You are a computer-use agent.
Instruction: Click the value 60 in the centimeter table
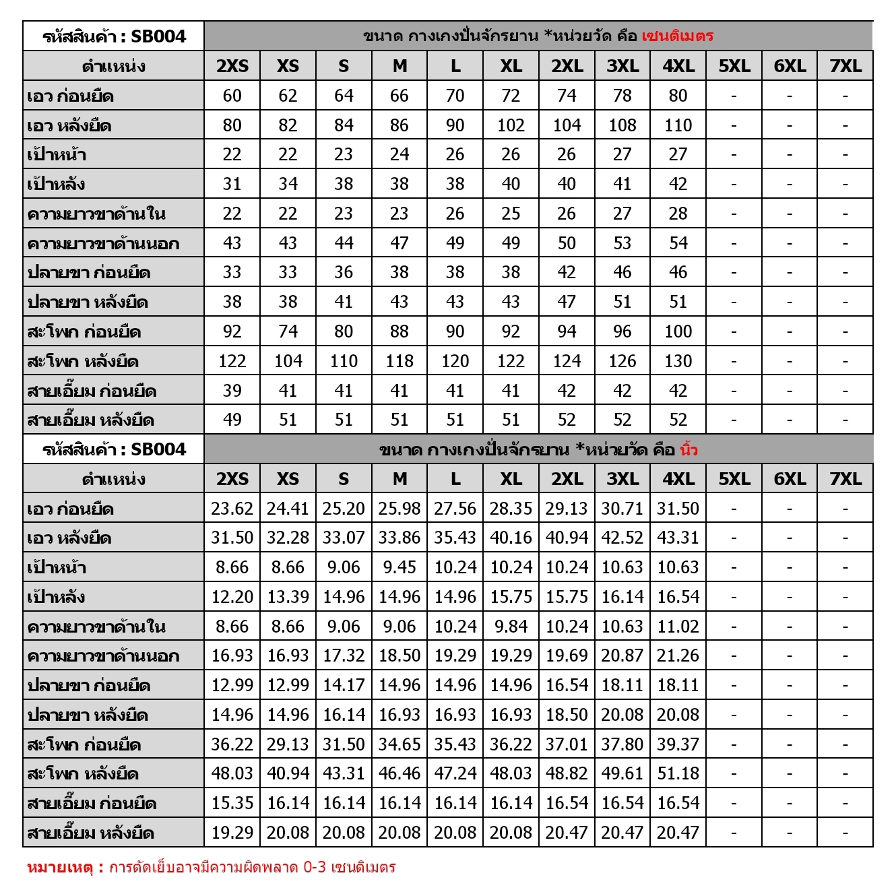click(x=232, y=96)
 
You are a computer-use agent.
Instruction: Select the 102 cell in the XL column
click(x=511, y=125)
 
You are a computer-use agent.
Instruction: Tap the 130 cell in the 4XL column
click(x=678, y=361)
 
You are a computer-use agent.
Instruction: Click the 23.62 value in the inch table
click(x=232, y=509)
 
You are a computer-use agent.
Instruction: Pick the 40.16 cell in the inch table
click(x=511, y=538)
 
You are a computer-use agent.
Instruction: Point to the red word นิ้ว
click(x=689, y=449)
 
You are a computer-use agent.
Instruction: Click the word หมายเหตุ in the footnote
click(x=59, y=867)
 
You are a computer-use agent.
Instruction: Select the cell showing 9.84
click(x=511, y=627)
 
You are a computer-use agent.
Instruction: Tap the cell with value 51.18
click(x=678, y=773)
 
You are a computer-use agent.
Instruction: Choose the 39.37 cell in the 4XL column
click(x=678, y=744)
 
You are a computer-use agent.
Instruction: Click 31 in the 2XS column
click(x=232, y=184)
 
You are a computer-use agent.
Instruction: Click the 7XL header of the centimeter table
click(x=845, y=66)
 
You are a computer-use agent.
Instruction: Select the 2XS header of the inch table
click(x=232, y=479)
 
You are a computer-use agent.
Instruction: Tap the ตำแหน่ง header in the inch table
click(x=113, y=479)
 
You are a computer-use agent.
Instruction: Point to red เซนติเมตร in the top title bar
click(x=677, y=36)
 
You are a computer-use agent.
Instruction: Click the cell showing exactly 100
click(x=678, y=331)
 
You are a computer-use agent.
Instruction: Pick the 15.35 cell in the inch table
click(x=232, y=803)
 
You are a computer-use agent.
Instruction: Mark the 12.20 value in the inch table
click(x=232, y=597)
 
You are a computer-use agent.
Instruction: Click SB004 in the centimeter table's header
click(x=158, y=36)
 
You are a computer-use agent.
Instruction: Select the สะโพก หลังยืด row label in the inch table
click(x=83, y=774)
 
